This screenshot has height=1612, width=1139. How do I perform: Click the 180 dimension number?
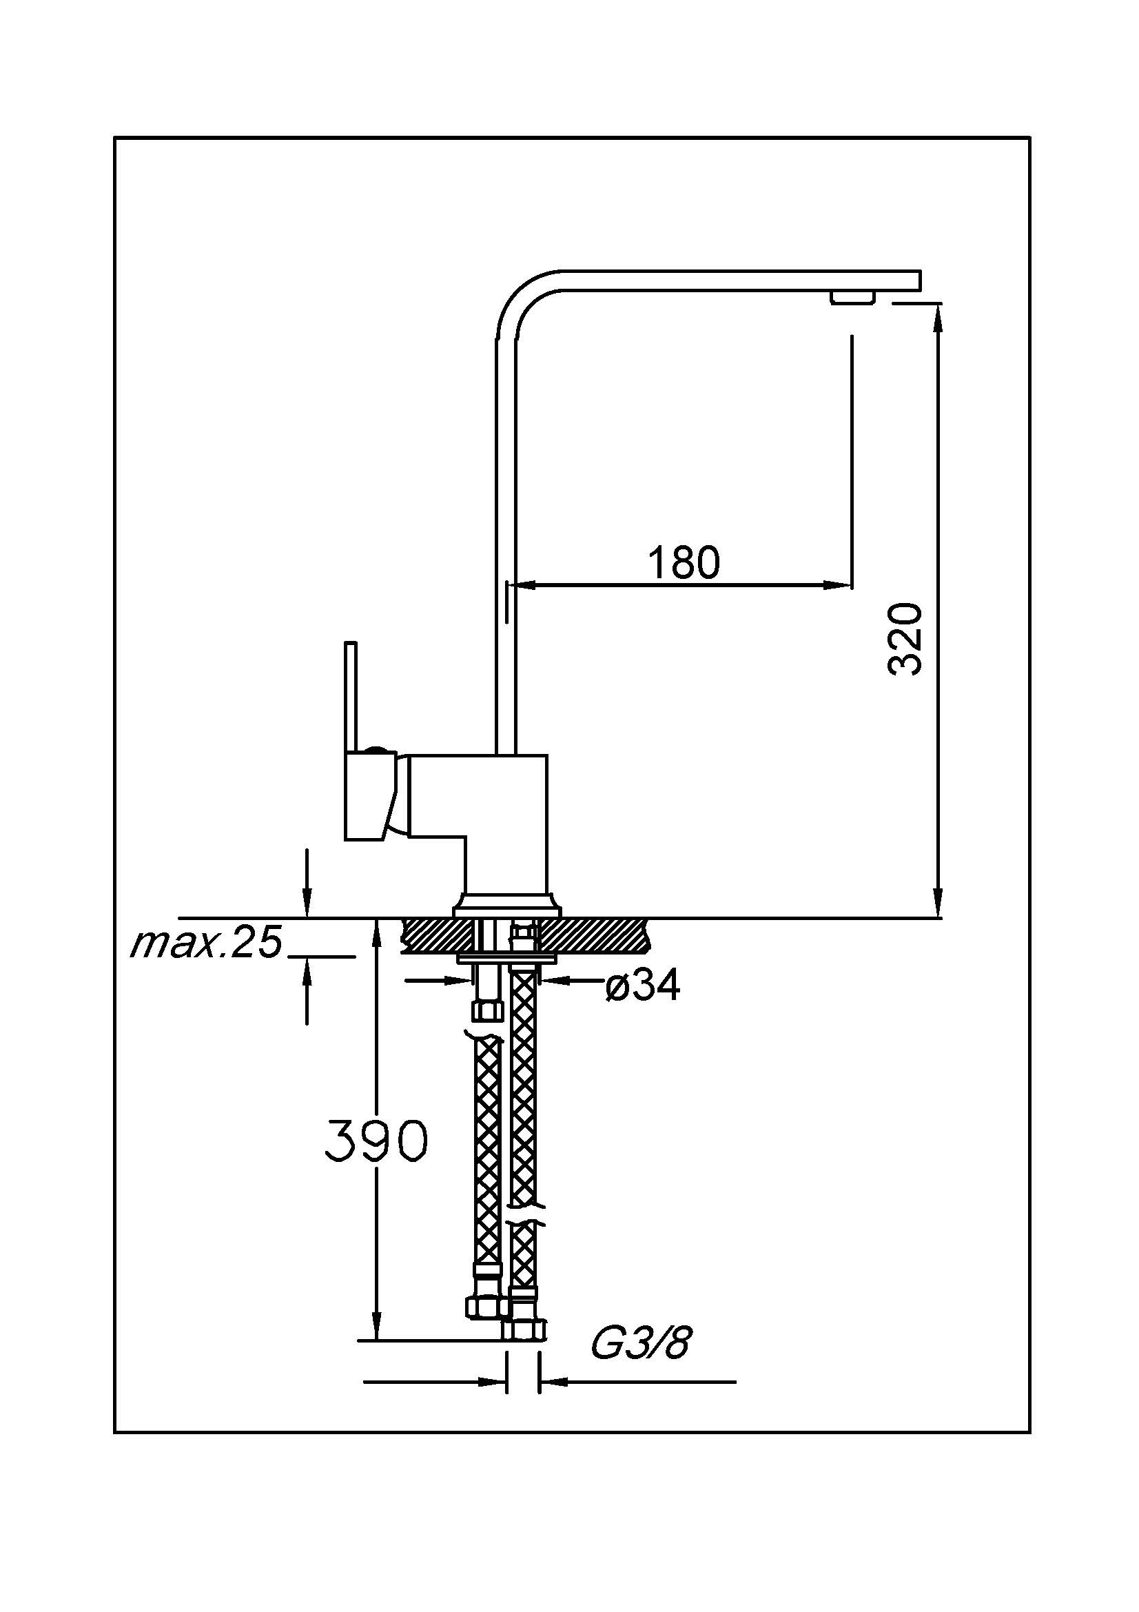[683, 563]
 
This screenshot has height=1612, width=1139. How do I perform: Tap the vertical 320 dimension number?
[905, 638]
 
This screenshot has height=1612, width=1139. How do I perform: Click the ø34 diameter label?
[643, 986]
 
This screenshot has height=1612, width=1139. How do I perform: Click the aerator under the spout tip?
[852, 297]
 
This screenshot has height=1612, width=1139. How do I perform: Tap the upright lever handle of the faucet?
[351, 695]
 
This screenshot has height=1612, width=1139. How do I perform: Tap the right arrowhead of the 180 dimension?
[839, 584]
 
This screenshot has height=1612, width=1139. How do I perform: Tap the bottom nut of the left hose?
[486, 1305]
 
